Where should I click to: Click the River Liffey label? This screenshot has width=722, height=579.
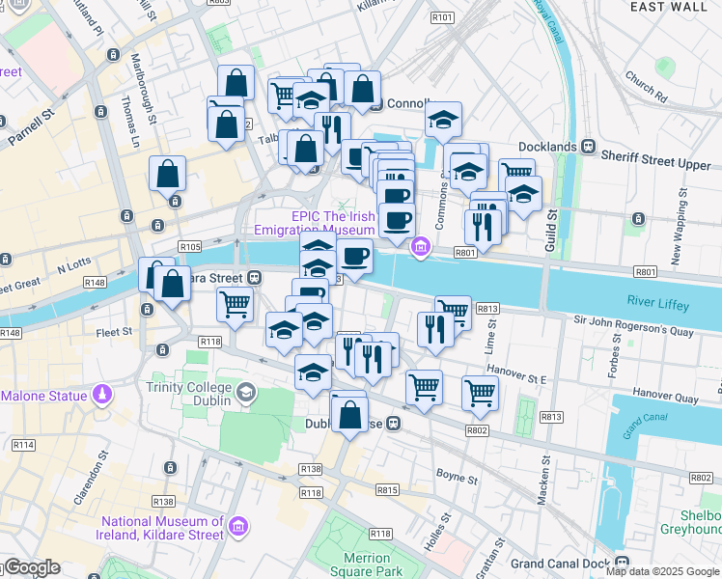(656, 305)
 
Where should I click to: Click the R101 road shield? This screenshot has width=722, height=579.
(443, 17)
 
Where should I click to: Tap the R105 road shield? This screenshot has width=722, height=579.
(189, 247)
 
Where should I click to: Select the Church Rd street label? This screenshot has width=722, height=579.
(646, 86)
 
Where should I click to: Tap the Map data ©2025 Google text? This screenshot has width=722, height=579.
(661, 571)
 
